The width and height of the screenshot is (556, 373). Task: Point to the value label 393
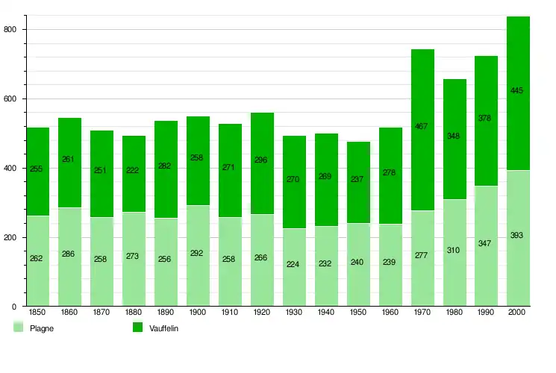click(x=517, y=236)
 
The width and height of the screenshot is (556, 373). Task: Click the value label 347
click(x=485, y=244)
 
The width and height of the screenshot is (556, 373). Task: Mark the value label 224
click(x=293, y=263)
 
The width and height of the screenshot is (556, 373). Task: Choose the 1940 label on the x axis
click(x=326, y=313)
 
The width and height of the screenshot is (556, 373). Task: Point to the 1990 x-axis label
click(x=486, y=313)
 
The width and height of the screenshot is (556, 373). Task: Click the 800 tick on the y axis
click(x=10, y=29)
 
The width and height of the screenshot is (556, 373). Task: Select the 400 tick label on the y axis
click(x=10, y=168)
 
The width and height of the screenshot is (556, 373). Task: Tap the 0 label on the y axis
click(x=14, y=307)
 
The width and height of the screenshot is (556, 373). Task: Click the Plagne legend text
click(x=41, y=328)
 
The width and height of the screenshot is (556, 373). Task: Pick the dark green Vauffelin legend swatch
click(x=137, y=327)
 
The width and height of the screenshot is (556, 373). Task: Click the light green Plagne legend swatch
click(x=19, y=327)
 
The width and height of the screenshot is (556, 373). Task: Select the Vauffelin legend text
click(x=164, y=328)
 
